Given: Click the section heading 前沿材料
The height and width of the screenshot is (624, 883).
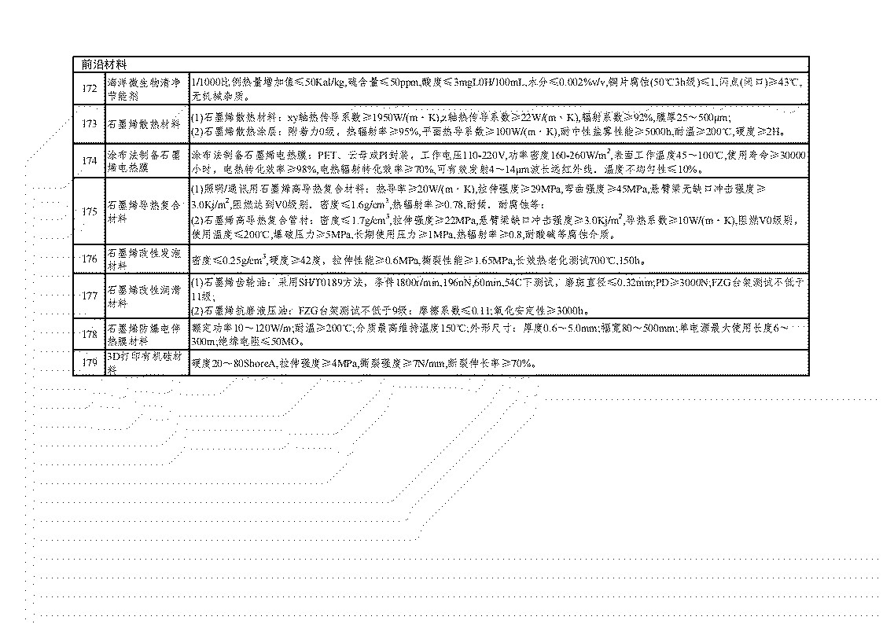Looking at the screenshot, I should (105, 64).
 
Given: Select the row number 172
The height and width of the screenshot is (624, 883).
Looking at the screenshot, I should (90, 88).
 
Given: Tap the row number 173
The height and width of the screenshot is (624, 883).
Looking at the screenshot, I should (90, 123).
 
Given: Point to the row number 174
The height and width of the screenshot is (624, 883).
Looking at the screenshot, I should (90, 161).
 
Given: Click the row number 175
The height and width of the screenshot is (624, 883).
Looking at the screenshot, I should (90, 211).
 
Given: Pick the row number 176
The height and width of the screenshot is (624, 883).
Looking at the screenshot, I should (90, 259).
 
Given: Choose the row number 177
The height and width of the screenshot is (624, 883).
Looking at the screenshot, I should (90, 296).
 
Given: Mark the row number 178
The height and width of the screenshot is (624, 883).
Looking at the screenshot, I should (90, 334).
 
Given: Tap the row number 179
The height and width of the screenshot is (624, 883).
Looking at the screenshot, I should (90, 362).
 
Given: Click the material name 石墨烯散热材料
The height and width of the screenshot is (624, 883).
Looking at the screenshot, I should (145, 123).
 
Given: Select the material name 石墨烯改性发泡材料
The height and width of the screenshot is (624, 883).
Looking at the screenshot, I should (145, 259).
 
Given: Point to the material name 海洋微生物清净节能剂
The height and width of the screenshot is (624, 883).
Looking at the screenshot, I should (145, 88).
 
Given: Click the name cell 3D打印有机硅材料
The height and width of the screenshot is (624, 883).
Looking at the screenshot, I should (145, 362).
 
